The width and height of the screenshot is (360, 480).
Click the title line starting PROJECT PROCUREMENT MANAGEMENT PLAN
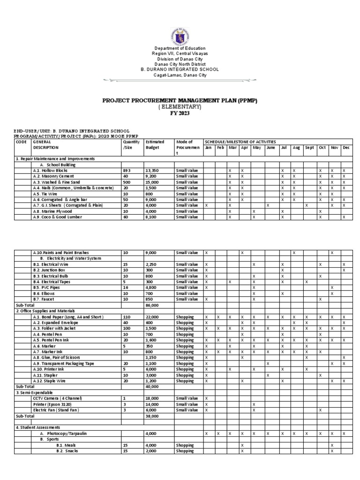click(180, 100)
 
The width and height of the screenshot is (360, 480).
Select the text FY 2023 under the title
click(180, 113)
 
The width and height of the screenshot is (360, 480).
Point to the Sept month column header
click(309, 147)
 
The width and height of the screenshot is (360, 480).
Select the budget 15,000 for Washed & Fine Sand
click(152, 181)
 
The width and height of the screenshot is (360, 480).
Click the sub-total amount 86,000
click(152, 305)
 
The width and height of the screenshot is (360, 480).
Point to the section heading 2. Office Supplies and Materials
click(46, 311)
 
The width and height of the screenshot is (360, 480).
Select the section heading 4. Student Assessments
click(38, 427)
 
